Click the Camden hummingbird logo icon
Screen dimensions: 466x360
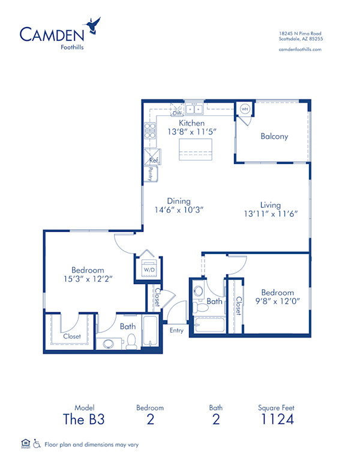93,25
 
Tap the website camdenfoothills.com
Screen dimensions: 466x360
301,49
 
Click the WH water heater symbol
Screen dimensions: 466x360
245,109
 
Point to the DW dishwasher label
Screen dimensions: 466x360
177,112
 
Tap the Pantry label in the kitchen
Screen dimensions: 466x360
150,174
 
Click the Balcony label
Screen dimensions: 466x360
274,136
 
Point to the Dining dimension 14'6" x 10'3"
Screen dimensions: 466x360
179,210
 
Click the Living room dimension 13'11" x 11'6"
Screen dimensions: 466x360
271,213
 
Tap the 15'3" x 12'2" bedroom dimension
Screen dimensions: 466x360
87,279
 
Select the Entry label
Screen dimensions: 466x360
176,330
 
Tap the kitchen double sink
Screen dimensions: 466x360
194,109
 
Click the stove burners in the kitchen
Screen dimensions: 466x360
149,130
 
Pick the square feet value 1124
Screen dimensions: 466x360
277,419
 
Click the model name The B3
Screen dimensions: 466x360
85,419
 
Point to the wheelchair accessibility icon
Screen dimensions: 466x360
37,444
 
